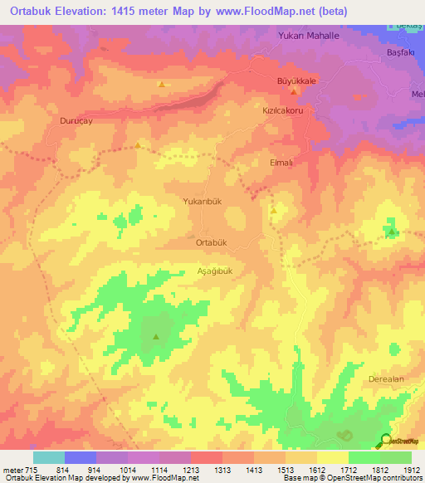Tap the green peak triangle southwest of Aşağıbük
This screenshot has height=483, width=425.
[x=156, y=336]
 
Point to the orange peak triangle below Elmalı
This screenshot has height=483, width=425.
[x=273, y=211]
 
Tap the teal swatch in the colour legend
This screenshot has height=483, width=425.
[x=48, y=457]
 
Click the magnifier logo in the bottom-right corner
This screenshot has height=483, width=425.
[x=386, y=441]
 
